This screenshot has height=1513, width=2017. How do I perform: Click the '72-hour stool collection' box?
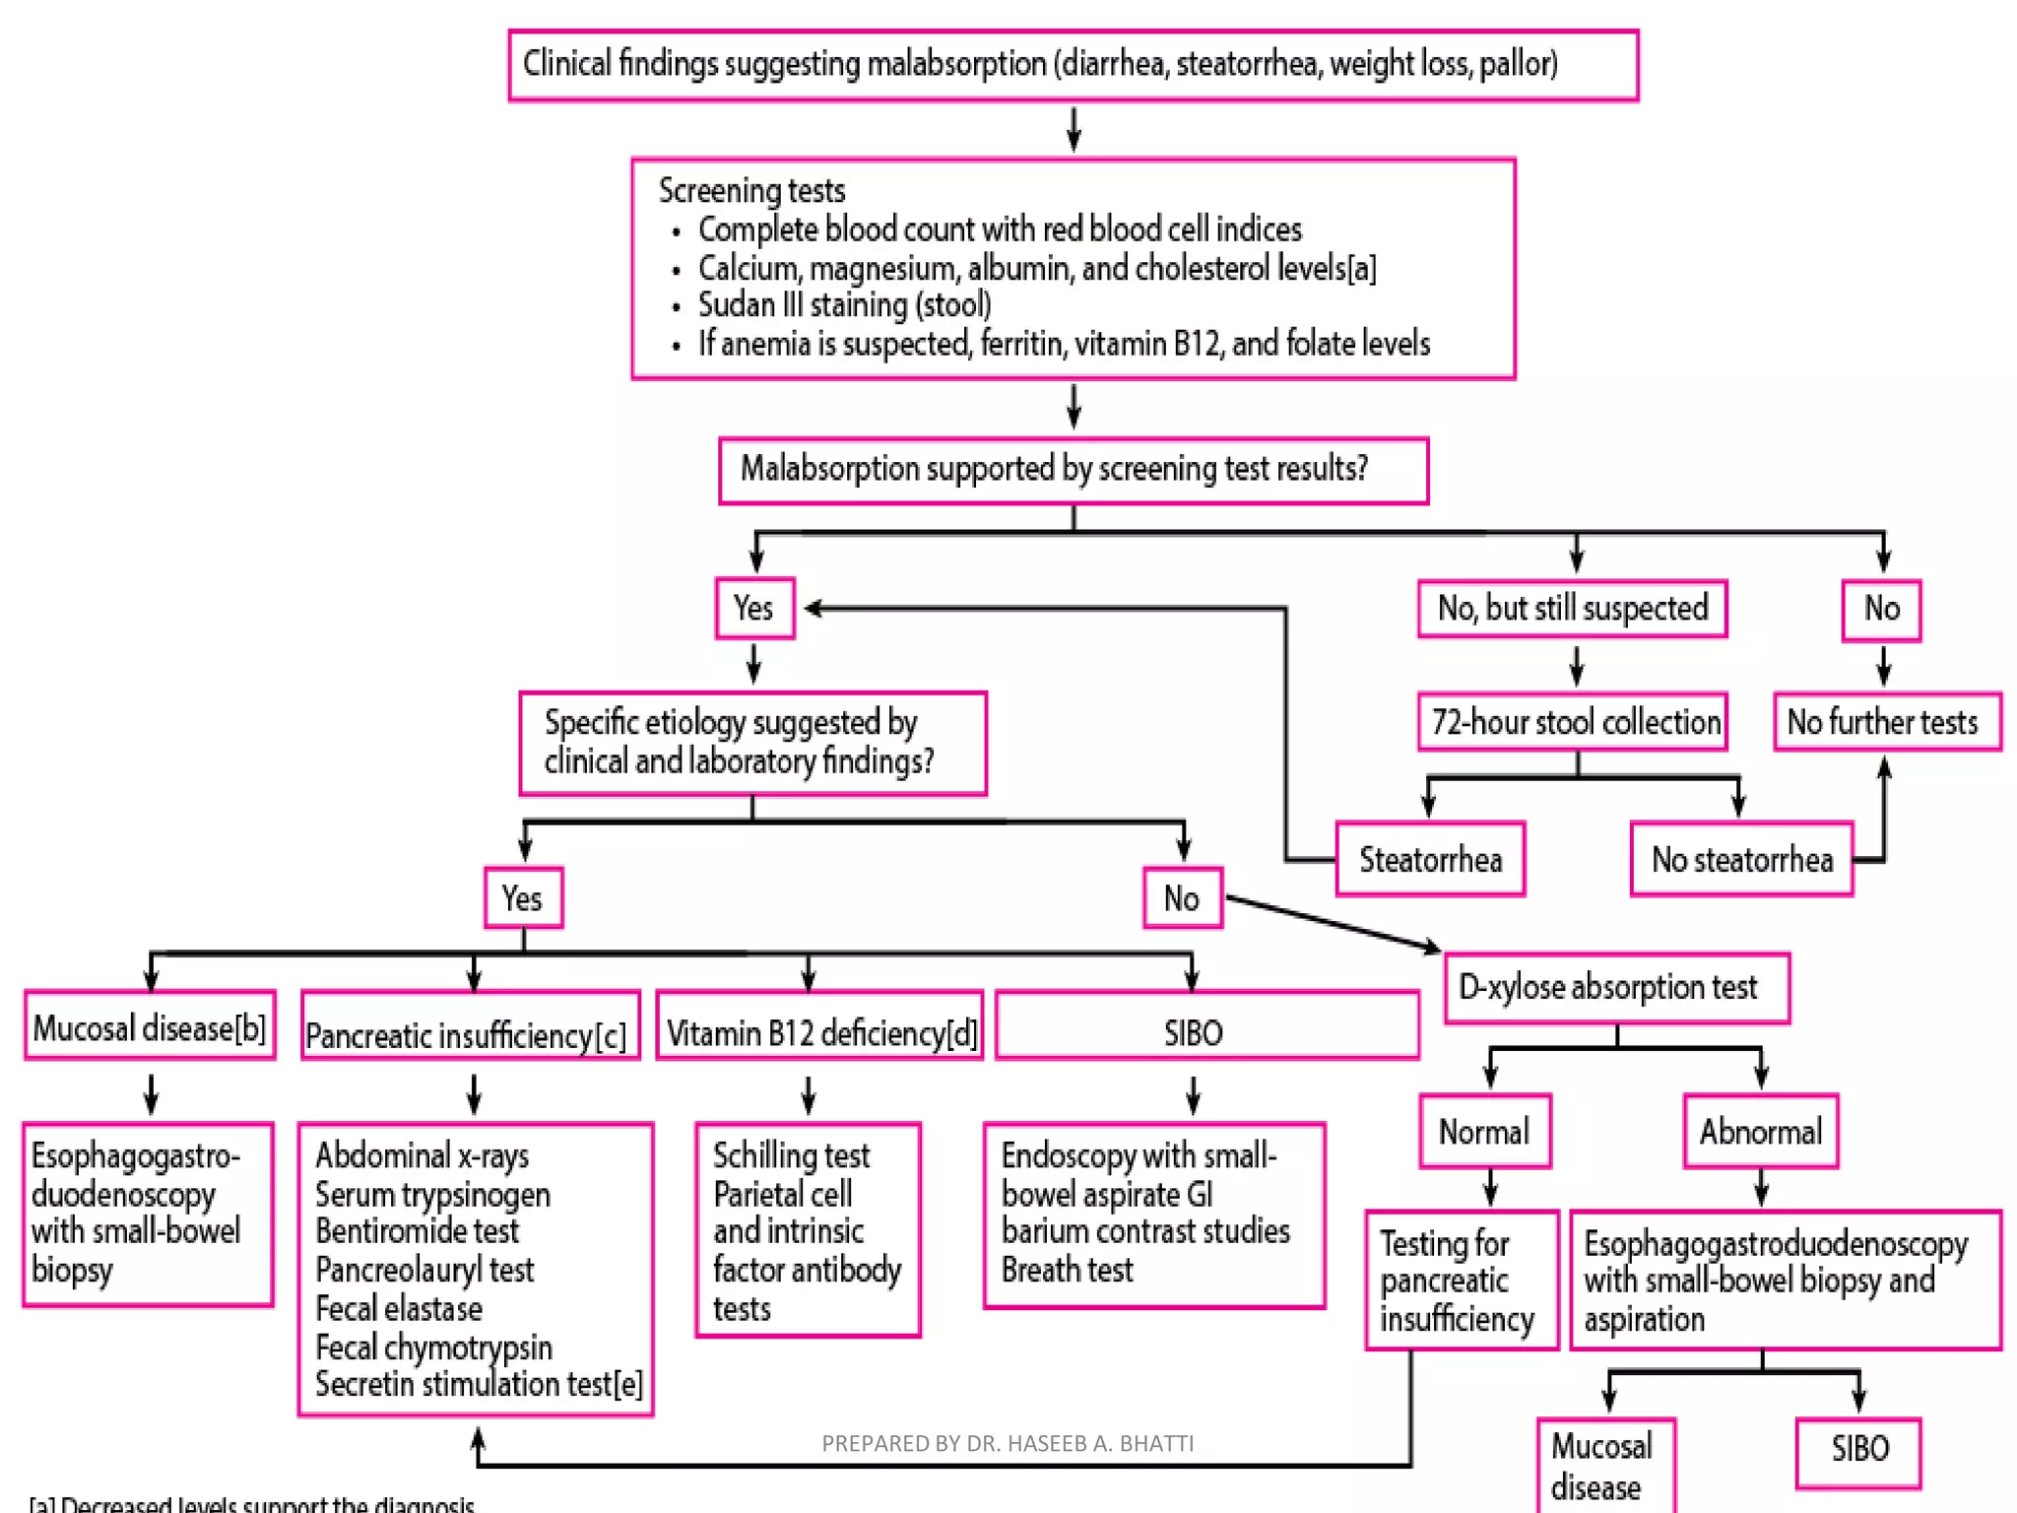coord(1573,722)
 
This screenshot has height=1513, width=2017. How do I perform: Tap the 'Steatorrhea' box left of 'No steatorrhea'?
coord(1430,860)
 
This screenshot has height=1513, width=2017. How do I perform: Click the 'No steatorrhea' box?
coord(1741,860)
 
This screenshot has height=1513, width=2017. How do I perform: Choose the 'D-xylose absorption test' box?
coord(1616,987)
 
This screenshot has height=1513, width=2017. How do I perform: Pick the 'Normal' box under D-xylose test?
coord(1485,1132)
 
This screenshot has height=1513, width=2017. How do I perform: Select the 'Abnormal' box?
coord(1761,1132)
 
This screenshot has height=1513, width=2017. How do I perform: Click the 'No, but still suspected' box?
coord(1573,609)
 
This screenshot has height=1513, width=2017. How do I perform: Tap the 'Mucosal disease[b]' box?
coord(150,1027)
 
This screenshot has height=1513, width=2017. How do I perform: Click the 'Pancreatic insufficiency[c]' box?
coord(470,1034)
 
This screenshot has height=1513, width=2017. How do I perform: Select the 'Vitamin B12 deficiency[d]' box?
coord(819,1032)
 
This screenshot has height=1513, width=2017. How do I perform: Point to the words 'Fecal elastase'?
coord(399,1308)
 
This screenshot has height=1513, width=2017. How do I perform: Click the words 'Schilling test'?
coord(791,1154)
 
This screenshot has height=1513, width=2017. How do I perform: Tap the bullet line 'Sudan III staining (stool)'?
coord(844,305)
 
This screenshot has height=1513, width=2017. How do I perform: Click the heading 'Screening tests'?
coord(751,190)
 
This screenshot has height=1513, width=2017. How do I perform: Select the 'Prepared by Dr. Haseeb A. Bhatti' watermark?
coord(1007,1443)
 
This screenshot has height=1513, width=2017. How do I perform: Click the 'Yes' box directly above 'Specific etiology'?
coord(754,609)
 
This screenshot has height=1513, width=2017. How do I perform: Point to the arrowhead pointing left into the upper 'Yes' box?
coord(813,609)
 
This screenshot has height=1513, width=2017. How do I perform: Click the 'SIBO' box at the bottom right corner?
coord(1858,1449)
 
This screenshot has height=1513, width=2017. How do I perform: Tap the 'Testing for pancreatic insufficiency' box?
coord(1461,1281)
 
